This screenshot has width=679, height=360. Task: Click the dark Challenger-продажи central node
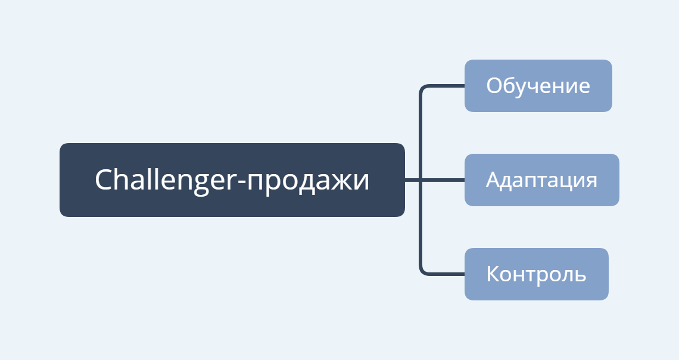(x=232, y=180)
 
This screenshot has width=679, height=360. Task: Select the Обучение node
(x=538, y=86)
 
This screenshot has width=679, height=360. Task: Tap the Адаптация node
(x=542, y=180)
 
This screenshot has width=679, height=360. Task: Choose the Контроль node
(x=537, y=274)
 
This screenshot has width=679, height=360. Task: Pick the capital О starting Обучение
(x=494, y=86)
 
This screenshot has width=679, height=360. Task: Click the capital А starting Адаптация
(x=493, y=180)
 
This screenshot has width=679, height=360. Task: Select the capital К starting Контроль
(x=493, y=274)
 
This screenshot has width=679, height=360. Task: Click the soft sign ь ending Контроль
(x=581, y=276)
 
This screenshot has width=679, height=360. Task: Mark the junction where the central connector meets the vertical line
(x=421, y=180)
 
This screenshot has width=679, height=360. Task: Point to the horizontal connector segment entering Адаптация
(x=443, y=180)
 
